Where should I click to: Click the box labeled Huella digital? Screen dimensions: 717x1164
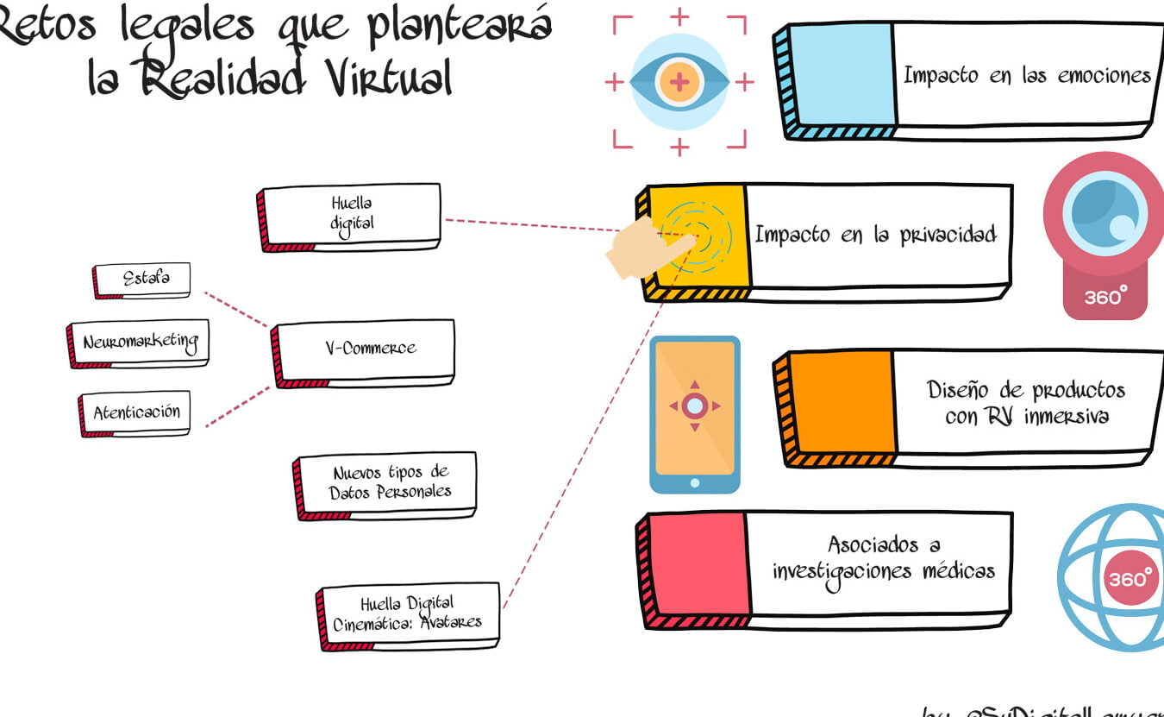pyautogui.click(x=351, y=214)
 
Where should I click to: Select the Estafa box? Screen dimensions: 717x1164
pyautogui.click(x=144, y=279)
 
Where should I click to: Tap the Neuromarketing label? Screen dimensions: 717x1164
pyautogui.click(x=140, y=342)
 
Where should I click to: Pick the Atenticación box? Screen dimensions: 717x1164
pyautogui.click(x=135, y=412)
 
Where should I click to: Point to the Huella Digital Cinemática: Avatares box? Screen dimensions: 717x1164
pyautogui.click(x=410, y=613)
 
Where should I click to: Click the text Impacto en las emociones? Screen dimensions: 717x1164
pyautogui.click(x=1026, y=75)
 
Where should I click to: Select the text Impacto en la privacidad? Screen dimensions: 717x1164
pyautogui.click(x=875, y=235)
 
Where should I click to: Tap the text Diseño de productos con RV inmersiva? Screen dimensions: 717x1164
pyautogui.click(x=1025, y=403)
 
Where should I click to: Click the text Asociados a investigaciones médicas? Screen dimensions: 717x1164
pyautogui.click(x=883, y=558)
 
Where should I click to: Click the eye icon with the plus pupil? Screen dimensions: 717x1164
pyautogui.click(x=679, y=82)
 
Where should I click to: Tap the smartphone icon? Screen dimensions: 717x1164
pyautogui.click(x=694, y=414)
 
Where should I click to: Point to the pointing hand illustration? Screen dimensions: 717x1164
pyautogui.click(x=647, y=248)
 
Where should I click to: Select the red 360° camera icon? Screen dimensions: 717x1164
pyautogui.click(x=1105, y=233)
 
